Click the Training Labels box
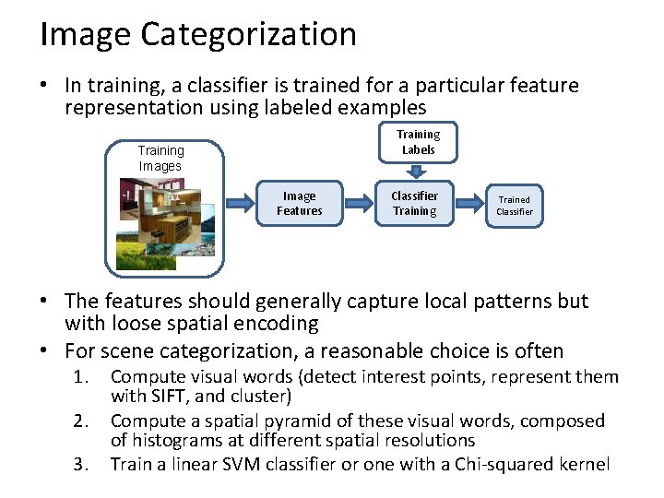pos(418,142)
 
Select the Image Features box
pos(300,203)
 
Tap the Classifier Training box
pos(414,203)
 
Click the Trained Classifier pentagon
pos(513,205)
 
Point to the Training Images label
pos(160,158)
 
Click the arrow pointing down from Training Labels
pos(416,170)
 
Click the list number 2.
pos(83,421)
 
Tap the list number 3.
pos(83,464)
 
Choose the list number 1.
pos(83,377)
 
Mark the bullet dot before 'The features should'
pos(44,302)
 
